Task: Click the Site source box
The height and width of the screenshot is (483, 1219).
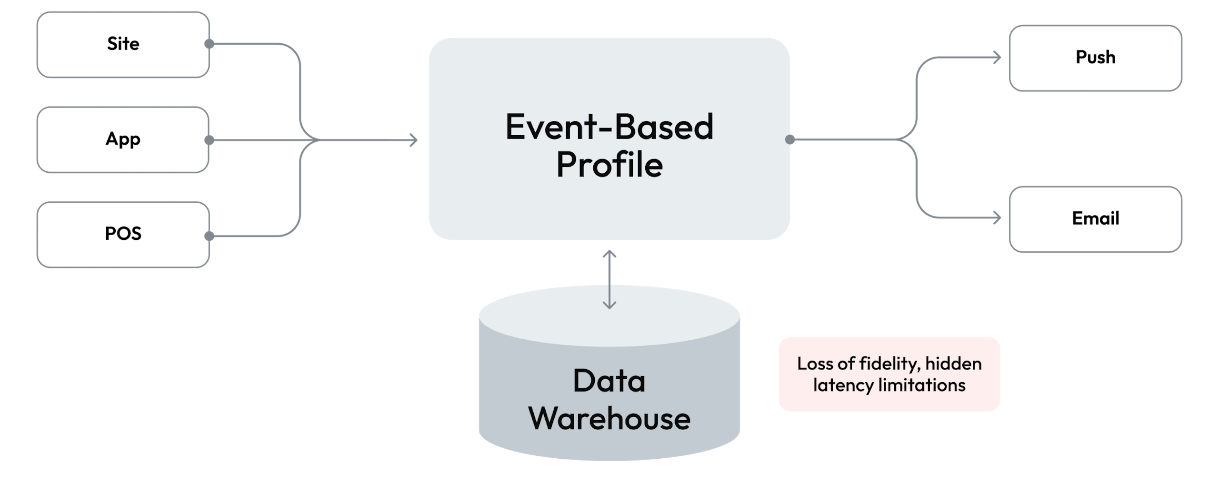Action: coord(123,44)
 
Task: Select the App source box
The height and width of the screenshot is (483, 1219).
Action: coord(123,139)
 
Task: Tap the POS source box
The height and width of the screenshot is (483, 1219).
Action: coord(123,234)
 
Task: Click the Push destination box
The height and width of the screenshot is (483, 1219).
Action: coord(1095,58)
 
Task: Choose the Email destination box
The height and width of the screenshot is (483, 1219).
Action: coord(1095,218)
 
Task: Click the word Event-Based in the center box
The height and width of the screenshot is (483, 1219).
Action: coord(609,127)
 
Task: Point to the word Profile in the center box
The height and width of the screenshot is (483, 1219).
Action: coord(609,165)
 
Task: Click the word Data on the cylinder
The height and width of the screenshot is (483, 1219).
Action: coord(609,381)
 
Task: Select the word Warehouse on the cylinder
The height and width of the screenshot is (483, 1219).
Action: coord(609,419)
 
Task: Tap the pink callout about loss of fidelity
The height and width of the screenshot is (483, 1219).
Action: coord(889,374)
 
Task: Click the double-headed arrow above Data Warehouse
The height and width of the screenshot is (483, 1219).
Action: coord(609,280)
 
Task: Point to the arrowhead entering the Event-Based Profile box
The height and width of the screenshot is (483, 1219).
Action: coord(414,140)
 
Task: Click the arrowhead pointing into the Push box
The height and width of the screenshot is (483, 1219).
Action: coord(996,58)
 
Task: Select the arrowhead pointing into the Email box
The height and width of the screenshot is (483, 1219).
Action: coord(996,218)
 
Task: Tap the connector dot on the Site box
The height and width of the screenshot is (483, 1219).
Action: coord(208,44)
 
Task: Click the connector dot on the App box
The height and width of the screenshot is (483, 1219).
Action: coord(208,140)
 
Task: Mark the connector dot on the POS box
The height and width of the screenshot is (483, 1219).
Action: coord(208,236)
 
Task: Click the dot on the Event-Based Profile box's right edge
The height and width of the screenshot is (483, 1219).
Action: coord(789,139)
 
